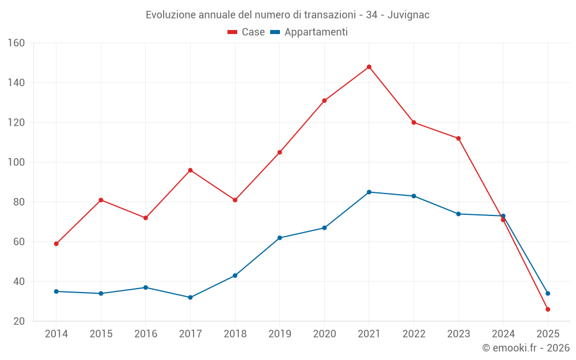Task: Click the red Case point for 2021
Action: click(x=369, y=67)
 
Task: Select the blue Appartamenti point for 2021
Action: click(x=369, y=192)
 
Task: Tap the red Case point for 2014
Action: click(x=56, y=244)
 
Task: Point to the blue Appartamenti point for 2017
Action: click(x=190, y=297)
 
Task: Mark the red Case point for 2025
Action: click(x=548, y=309)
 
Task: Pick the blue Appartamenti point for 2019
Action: click(x=280, y=238)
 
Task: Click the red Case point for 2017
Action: click(x=190, y=170)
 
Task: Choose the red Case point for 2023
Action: click(x=458, y=138)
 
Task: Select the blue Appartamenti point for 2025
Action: click(x=548, y=293)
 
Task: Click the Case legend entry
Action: click(x=247, y=32)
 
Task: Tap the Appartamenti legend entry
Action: click(x=309, y=32)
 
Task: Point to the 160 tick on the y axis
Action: click(x=17, y=43)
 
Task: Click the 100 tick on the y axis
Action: click(x=17, y=162)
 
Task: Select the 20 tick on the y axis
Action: click(x=19, y=321)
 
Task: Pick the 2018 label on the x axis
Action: click(x=235, y=334)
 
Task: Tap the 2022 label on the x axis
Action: click(x=414, y=334)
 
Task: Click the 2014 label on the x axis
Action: click(x=56, y=334)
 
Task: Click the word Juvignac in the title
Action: click(x=408, y=15)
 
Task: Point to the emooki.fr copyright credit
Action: click(x=526, y=348)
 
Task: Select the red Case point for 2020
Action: click(x=324, y=101)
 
